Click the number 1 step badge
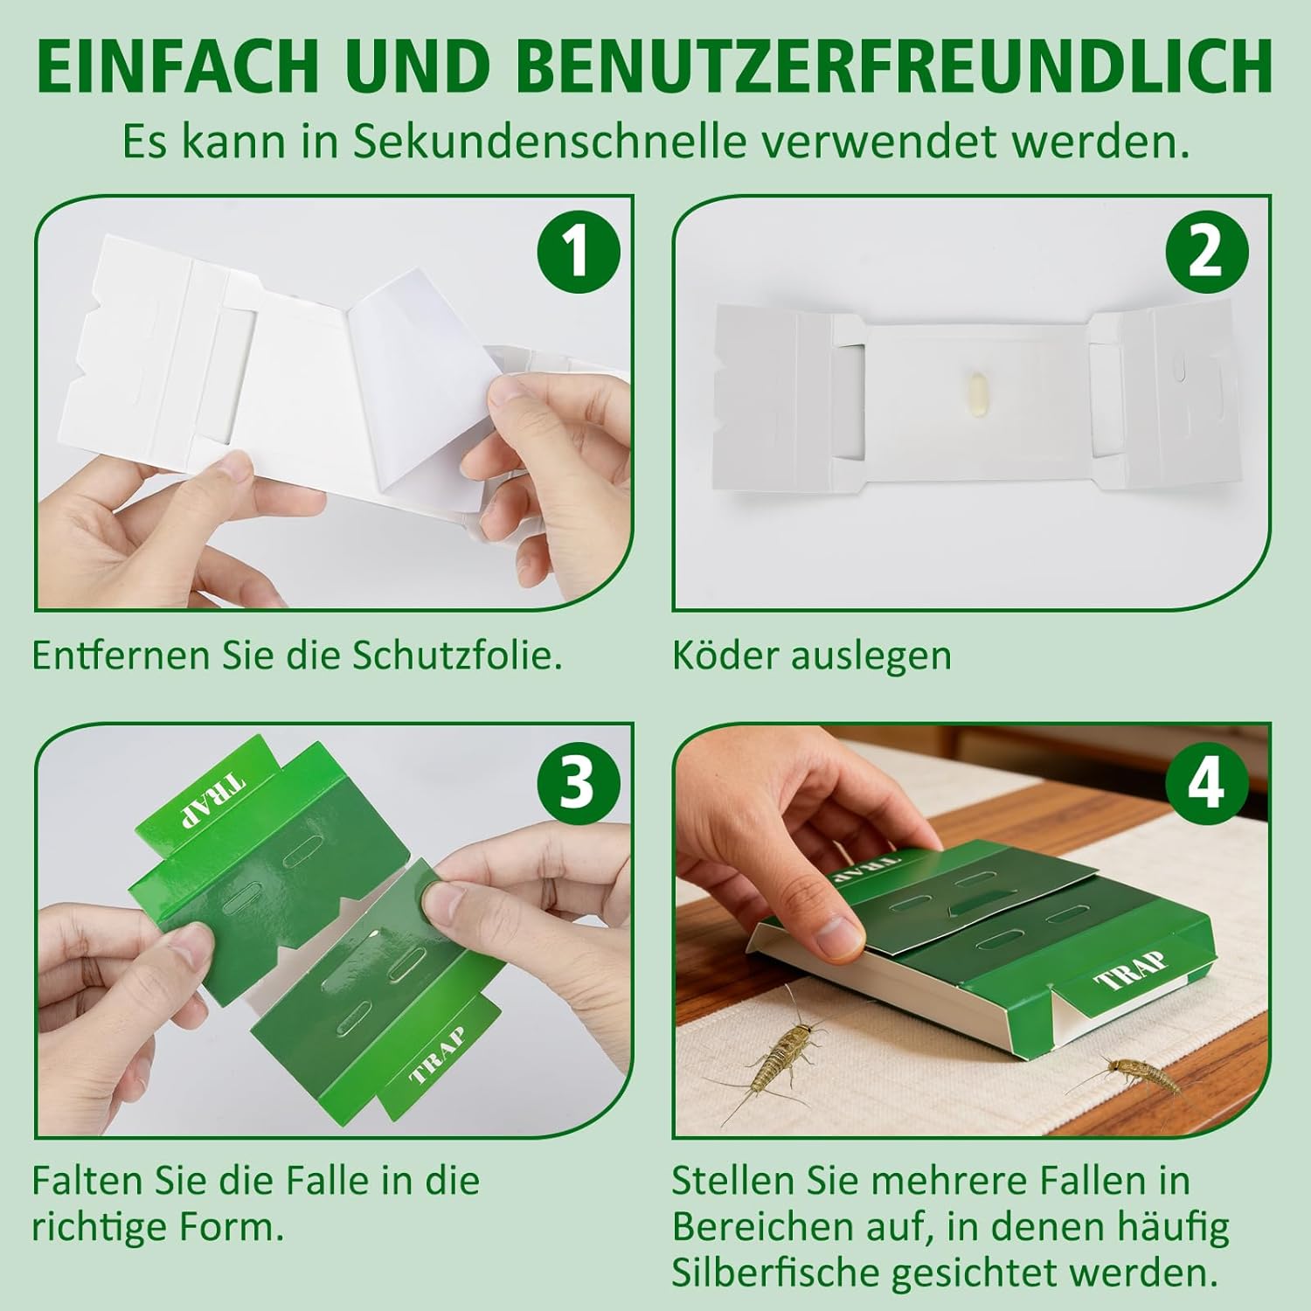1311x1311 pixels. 578,252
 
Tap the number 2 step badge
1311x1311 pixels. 1207,252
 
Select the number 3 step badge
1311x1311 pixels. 578,780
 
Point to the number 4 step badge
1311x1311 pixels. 1207,780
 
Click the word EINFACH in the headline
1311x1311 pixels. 178,66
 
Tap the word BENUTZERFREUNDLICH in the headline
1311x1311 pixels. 893,66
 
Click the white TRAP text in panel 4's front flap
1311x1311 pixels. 1132,970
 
